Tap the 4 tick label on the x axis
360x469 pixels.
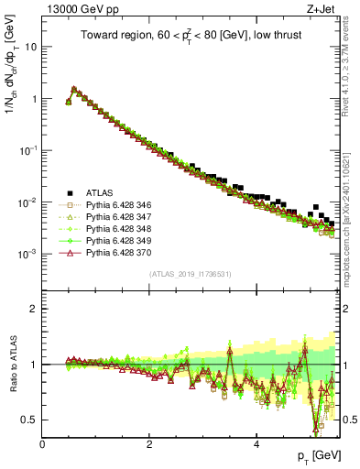pyautogui.click(x=256, y=444)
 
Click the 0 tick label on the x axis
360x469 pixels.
pyautogui.click(x=43, y=444)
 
